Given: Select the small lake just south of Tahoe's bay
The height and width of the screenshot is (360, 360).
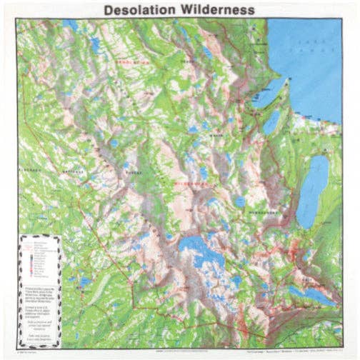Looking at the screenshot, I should click(271, 122).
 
